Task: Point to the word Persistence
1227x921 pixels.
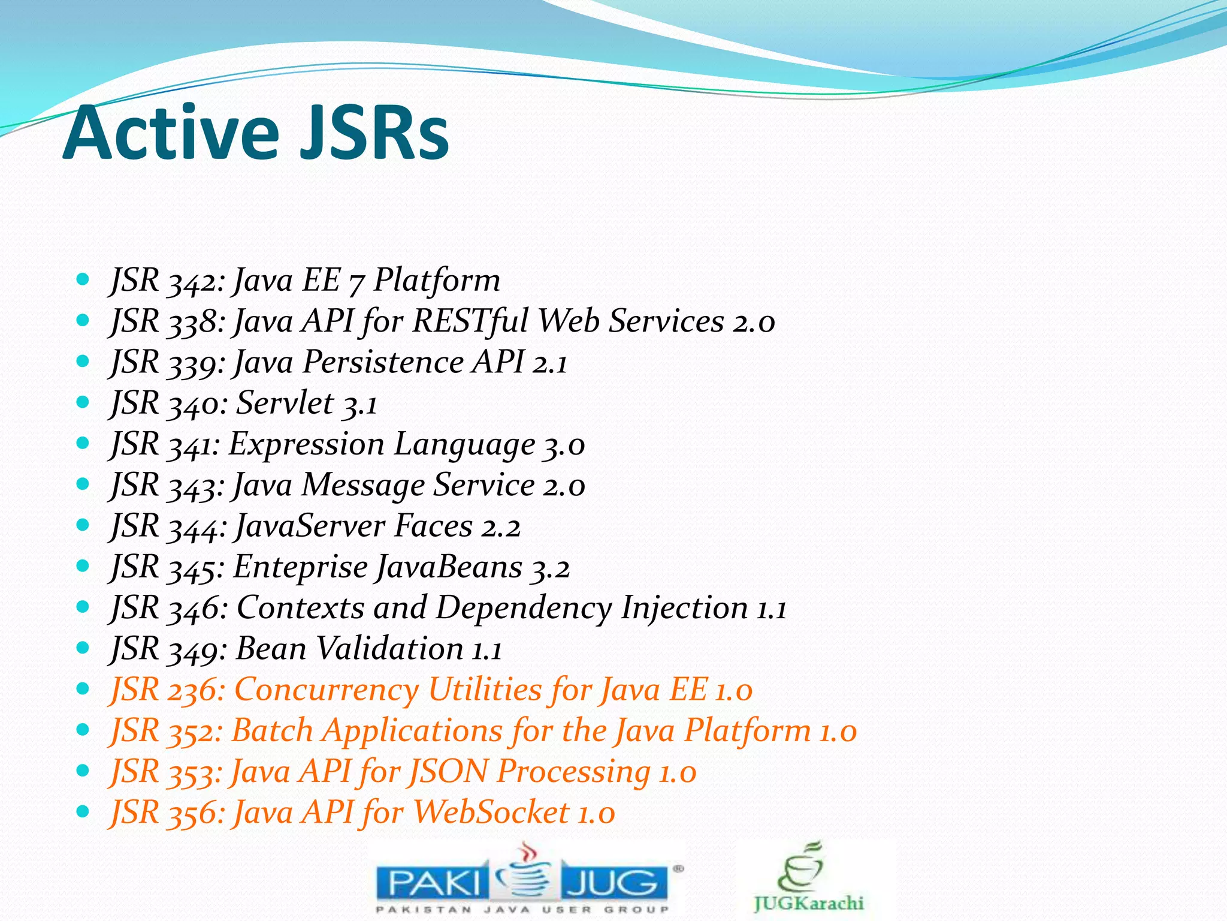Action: tap(383, 363)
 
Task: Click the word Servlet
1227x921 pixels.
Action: tap(285, 403)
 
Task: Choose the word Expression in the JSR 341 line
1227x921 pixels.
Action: tap(306, 445)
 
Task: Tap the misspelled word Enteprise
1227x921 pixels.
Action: tap(300, 567)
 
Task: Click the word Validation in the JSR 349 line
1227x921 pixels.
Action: tap(389, 649)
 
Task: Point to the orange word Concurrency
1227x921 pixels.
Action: tap(327, 690)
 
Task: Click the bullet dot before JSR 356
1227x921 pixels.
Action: tap(83, 812)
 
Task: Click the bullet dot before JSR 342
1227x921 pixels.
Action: tap(83, 279)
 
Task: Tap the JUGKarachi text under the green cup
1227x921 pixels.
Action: tap(808, 904)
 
